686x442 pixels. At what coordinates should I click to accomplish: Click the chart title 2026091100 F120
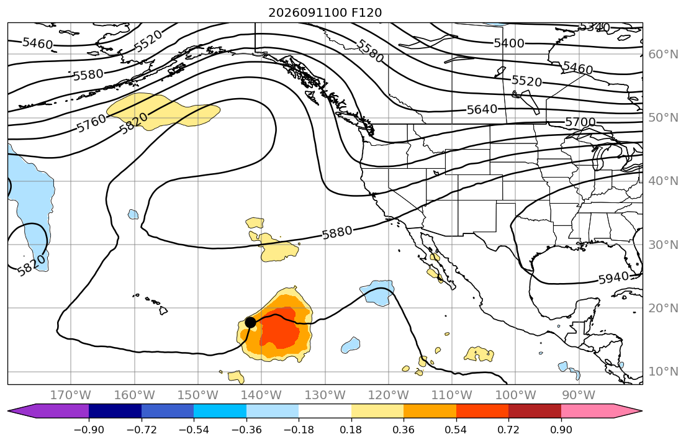pos(325,12)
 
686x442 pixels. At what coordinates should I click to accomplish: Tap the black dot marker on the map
pos(250,323)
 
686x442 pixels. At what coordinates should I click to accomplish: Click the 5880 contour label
pos(337,232)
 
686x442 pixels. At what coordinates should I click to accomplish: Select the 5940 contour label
pos(613,278)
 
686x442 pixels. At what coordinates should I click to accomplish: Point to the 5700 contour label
pos(580,122)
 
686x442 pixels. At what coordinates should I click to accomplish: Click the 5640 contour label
pos(482,109)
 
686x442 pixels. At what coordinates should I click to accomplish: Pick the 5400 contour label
pos(509,43)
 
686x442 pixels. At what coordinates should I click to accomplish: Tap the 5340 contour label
pos(595,27)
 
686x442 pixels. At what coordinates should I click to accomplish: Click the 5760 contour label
pos(91,124)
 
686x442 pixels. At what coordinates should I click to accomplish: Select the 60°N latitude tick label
pos(663,54)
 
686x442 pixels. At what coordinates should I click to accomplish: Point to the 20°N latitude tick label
pos(663,308)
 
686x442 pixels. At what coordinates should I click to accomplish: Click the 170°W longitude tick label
pos(71,395)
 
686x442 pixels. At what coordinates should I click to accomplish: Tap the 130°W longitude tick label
pos(325,395)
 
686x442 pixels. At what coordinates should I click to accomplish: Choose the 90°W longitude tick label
pos(579,395)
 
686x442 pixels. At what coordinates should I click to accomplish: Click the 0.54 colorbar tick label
pos(456,430)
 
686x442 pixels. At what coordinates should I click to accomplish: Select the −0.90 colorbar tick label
pos(89,430)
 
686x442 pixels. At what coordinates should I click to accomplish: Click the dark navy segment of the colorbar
pos(115,412)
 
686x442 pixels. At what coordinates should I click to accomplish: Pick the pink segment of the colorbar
pos(587,412)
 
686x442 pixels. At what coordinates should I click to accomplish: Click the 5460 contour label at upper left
pos(38,43)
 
